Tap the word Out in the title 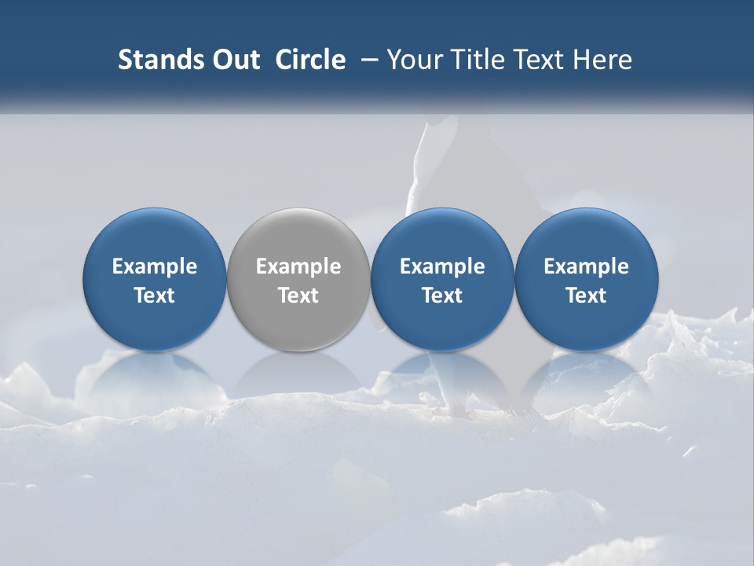(234, 60)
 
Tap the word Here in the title (602, 60)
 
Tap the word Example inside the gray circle (298, 266)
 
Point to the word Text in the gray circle (298, 296)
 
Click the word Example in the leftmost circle (155, 266)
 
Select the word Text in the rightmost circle (587, 296)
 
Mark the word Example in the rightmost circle (587, 266)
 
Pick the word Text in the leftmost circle (155, 296)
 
